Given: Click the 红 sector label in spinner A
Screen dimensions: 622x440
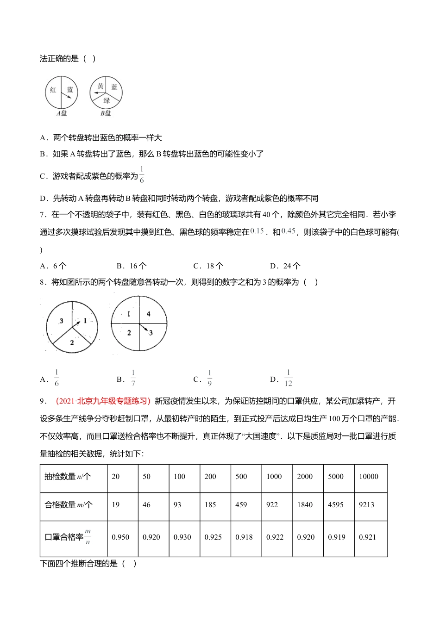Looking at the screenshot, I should (53, 90).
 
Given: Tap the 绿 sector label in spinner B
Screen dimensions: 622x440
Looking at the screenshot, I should (107, 100).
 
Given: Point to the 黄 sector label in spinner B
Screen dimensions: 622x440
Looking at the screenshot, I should (100, 87).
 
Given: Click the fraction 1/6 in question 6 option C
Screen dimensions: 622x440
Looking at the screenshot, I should (142, 175).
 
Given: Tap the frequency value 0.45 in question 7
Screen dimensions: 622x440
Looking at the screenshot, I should (288, 231).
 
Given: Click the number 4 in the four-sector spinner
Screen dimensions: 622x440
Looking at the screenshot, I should (149, 314).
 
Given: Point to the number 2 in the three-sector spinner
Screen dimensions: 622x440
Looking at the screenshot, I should (72, 342).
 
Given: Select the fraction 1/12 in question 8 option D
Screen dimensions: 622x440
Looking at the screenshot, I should (288, 378).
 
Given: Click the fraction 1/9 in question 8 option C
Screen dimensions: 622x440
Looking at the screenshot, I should (209, 378).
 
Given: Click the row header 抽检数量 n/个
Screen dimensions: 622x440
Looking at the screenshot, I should (68, 476).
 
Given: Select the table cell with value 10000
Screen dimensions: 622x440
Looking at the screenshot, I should (369, 476).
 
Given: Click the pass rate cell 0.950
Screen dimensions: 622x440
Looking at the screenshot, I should (120, 537).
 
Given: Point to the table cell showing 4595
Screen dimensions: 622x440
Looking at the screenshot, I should (336, 504).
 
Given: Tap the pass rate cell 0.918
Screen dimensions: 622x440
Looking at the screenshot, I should (244, 537).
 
